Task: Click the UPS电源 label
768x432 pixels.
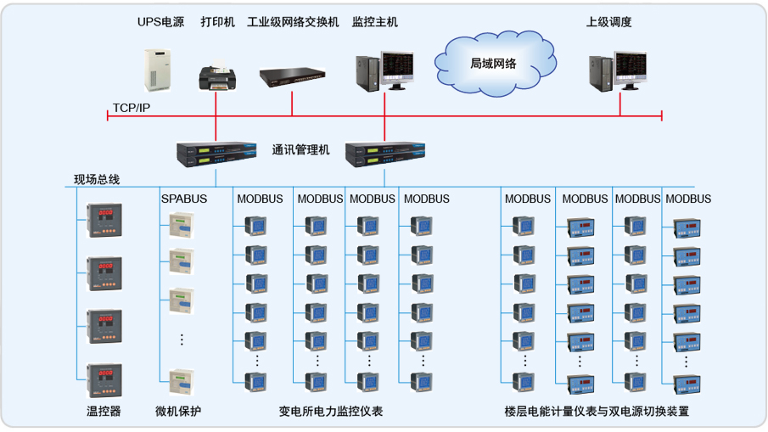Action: [160, 22]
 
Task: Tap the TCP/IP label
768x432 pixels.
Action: [132, 109]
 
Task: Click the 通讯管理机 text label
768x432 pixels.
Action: [300, 150]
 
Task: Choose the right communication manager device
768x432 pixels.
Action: [384, 153]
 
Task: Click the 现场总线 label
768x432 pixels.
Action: [97, 179]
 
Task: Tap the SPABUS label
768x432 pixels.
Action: [184, 199]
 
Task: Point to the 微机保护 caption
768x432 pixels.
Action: [178, 412]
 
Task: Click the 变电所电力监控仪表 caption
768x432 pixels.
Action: [331, 412]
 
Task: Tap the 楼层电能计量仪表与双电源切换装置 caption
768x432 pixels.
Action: [596, 412]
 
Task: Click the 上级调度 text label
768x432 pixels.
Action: [608, 22]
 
